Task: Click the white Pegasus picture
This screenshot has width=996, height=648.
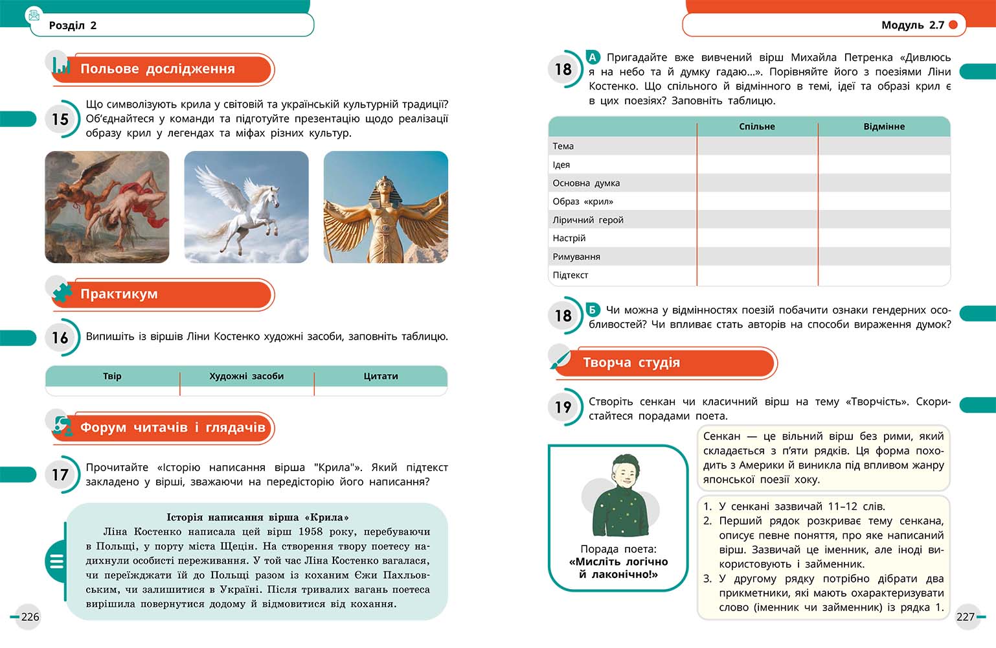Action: (x=246, y=207)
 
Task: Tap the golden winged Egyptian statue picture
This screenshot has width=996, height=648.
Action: (x=385, y=207)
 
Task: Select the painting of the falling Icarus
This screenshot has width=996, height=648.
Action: (x=107, y=207)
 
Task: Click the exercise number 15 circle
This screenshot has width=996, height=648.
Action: (x=60, y=119)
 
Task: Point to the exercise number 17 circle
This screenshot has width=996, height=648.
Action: (x=60, y=475)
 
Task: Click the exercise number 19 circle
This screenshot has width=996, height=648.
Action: (x=563, y=407)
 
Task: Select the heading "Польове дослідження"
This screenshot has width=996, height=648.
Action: (x=157, y=69)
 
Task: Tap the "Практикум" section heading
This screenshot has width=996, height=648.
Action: (x=119, y=294)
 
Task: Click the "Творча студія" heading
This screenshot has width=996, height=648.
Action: (x=631, y=363)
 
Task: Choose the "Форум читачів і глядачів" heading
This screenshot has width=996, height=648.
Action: (x=172, y=428)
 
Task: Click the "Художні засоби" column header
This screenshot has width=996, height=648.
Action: (x=247, y=376)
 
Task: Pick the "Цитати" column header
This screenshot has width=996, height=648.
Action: (x=381, y=376)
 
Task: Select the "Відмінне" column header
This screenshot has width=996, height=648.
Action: (x=884, y=126)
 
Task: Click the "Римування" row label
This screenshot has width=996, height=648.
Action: (x=576, y=257)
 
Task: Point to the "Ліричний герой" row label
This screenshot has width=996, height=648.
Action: (x=588, y=220)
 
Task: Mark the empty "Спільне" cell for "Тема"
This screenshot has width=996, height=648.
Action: (x=757, y=146)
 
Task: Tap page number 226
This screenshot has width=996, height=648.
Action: (x=30, y=616)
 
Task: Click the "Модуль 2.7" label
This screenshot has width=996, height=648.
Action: (x=912, y=25)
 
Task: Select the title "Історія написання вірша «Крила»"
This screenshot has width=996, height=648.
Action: (x=258, y=517)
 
